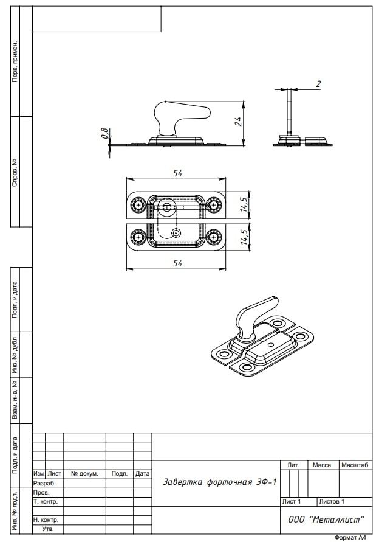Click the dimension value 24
coord(239,122)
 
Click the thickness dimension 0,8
coord(104,134)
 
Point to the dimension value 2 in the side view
coord(318,84)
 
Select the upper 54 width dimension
coord(177,173)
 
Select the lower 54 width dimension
coord(177,263)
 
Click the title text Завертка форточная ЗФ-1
coord(220,482)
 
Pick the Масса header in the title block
coord(321,465)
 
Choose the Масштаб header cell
coord(355,465)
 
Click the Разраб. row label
coord(44,482)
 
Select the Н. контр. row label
coord(46,520)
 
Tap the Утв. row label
coord(47,529)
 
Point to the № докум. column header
coord(84,473)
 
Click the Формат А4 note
coord(350,538)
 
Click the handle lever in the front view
coord(182,113)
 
